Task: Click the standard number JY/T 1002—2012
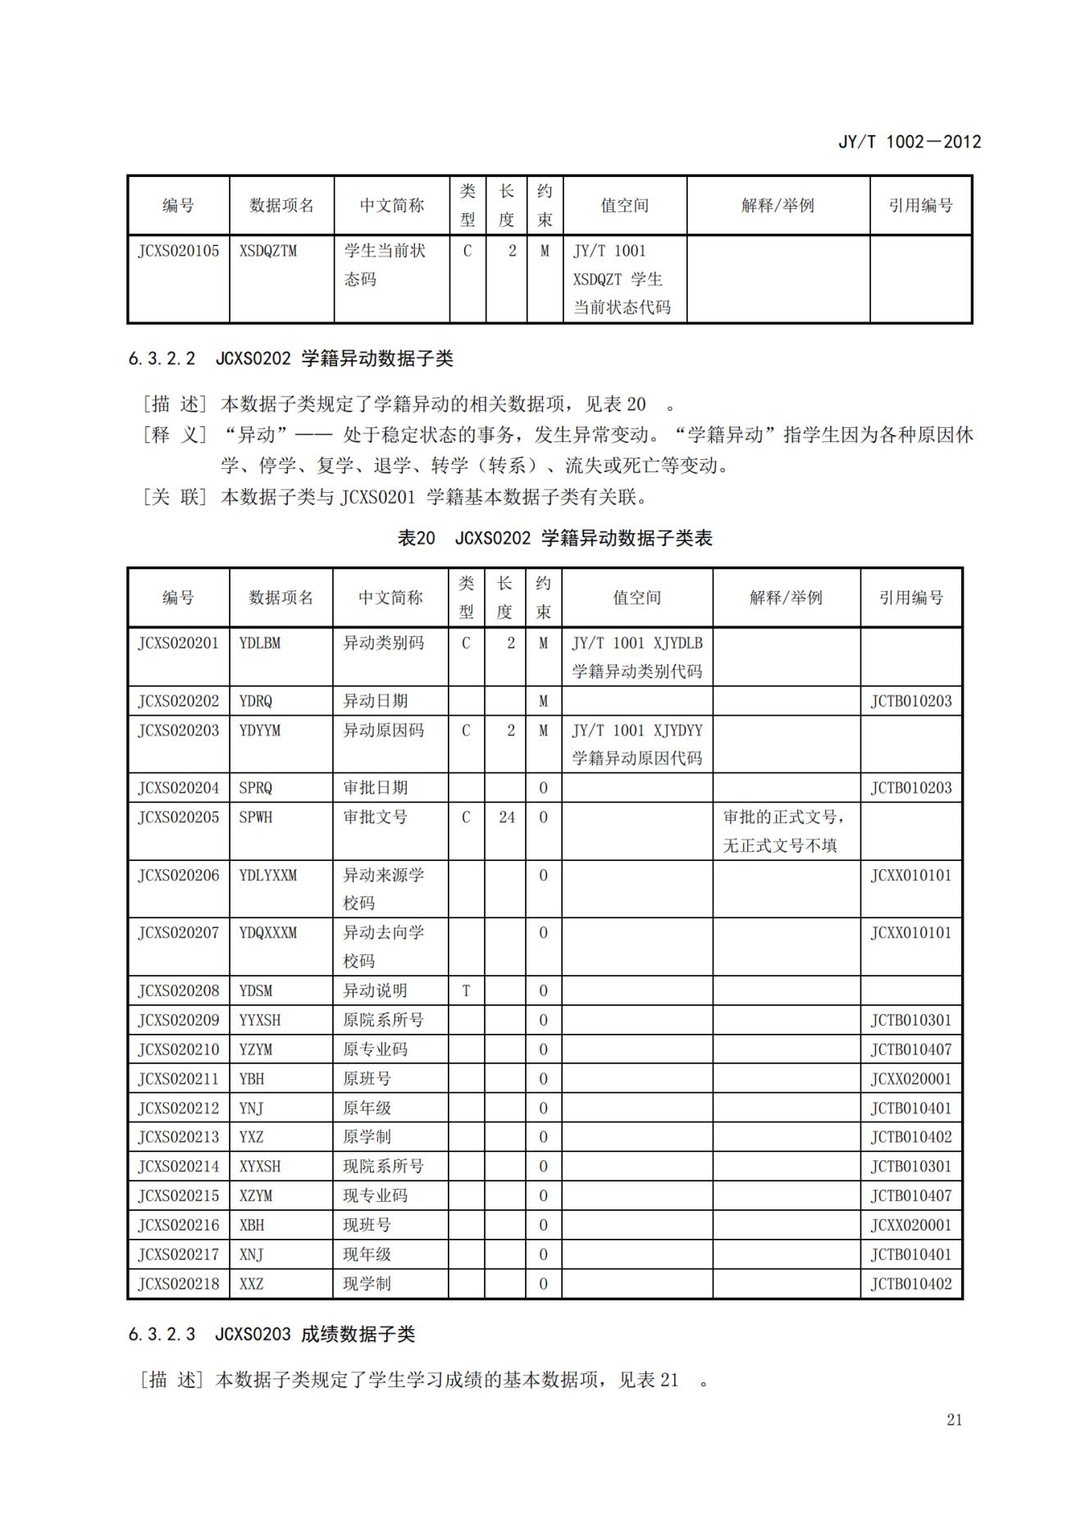pyautogui.click(x=909, y=142)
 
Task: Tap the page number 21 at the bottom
pyautogui.click(x=954, y=1419)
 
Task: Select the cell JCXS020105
pyautogui.click(x=178, y=251)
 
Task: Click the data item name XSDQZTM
pyautogui.click(x=267, y=251)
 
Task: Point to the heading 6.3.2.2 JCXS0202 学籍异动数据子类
pyautogui.click(x=290, y=358)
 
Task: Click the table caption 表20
pyautogui.click(x=416, y=538)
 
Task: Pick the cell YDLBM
pyautogui.click(x=259, y=643)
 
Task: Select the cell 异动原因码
pyautogui.click(x=383, y=730)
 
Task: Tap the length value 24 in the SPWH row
pyautogui.click(x=507, y=817)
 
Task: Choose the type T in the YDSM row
pyautogui.click(x=466, y=990)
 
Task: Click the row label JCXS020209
pyautogui.click(x=178, y=1020)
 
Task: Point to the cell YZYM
pyautogui.click(x=256, y=1049)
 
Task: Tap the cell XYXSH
pyautogui.click(x=259, y=1166)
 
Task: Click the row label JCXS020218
pyautogui.click(x=178, y=1283)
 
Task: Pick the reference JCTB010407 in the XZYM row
pyautogui.click(x=910, y=1195)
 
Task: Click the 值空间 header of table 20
pyautogui.click(x=636, y=598)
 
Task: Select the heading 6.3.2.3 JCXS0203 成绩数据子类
pyautogui.click(x=271, y=1334)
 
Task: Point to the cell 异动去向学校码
pyautogui.click(x=383, y=946)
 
